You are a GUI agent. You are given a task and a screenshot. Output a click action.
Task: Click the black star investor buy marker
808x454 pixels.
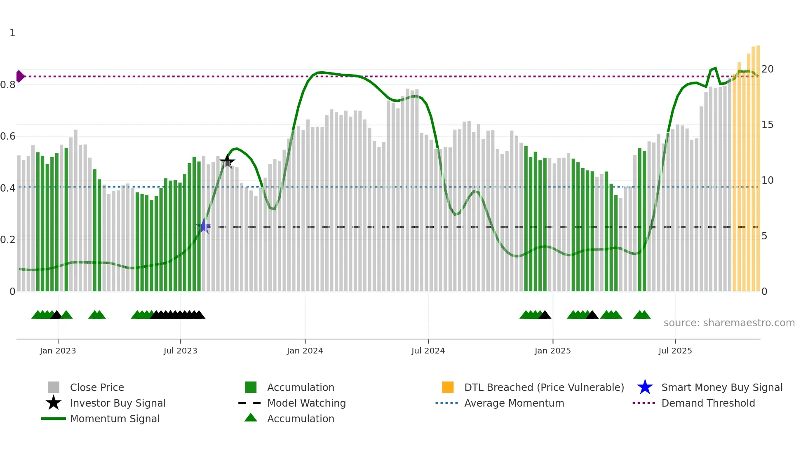click(227, 161)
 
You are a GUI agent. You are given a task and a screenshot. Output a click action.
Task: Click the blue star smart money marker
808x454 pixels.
click(204, 226)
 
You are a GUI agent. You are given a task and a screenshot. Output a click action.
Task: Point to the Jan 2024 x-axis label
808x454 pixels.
click(305, 351)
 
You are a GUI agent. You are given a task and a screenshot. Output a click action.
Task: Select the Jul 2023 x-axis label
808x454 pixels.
click(180, 351)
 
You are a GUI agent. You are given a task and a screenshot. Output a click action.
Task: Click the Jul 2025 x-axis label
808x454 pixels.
click(675, 351)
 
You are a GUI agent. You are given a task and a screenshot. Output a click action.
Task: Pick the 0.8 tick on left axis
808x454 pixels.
click(8, 85)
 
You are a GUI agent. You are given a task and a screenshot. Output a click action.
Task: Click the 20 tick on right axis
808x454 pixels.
click(767, 69)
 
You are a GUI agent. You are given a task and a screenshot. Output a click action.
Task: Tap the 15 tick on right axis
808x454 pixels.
click(767, 125)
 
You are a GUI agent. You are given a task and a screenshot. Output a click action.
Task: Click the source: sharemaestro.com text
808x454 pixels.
click(729, 323)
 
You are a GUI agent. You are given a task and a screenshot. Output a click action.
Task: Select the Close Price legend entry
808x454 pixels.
click(97, 387)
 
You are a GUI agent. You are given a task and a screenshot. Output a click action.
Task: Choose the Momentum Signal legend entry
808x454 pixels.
click(115, 419)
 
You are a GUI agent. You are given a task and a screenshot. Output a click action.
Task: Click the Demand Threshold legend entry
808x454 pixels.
click(708, 403)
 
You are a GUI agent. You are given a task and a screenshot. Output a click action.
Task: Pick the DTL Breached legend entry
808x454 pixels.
click(544, 387)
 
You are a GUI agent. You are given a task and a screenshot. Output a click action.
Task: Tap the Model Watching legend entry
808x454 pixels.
click(306, 403)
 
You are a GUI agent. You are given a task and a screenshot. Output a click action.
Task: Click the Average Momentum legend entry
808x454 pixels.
click(514, 403)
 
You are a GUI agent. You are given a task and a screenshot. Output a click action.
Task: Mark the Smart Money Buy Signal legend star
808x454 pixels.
click(645, 387)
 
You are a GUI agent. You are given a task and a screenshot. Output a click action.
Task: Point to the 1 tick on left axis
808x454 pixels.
click(12, 33)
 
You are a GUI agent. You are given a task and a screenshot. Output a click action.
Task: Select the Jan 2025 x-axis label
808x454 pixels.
click(552, 351)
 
